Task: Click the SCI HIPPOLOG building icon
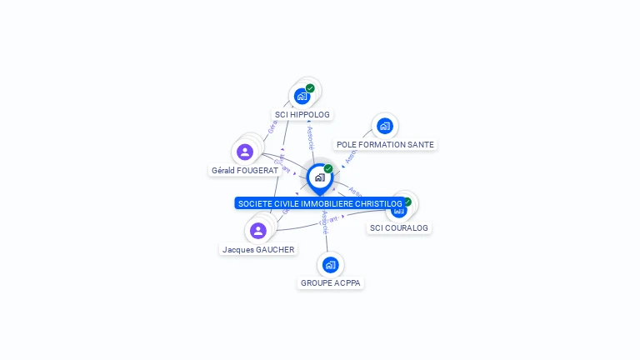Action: (302, 96)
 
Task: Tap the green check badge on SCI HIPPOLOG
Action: (310, 88)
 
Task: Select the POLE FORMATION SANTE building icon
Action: (384, 126)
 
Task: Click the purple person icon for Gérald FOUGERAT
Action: (244, 152)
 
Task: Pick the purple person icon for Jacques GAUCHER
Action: (258, 230)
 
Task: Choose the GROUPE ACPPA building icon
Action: (330, 265)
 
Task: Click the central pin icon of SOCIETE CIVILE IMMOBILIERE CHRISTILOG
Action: (319, 177)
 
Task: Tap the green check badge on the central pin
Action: (328, 169)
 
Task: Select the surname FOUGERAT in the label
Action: (257, 171)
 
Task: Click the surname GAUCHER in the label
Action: (275, 250)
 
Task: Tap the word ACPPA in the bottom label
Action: (348, 283)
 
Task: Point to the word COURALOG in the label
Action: (405, 228)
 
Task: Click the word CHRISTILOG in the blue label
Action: (378, 204)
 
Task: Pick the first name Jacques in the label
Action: (237, 250)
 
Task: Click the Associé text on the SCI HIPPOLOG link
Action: (310, 137)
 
